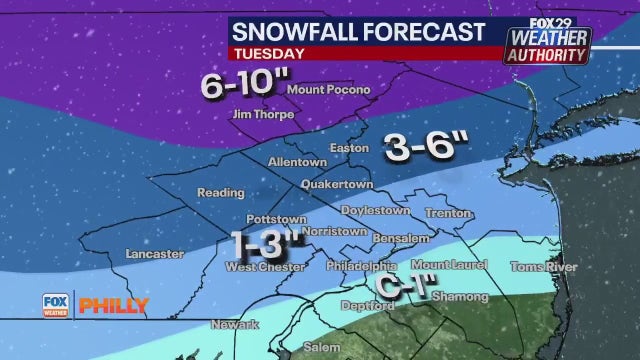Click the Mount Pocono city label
[x=328, y=90]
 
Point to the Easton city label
[x=349, y=148]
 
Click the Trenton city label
[x=440, y=213]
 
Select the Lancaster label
[x=153, y=255]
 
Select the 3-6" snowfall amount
[x=427, y=148]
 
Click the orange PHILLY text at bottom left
[x=113, y=305]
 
